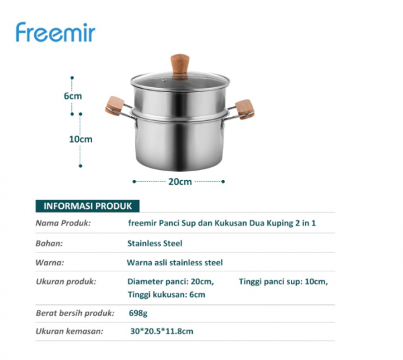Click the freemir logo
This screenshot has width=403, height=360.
coord(56,32)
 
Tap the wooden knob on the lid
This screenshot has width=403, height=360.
coord(179,65)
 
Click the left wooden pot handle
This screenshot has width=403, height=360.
coord(115,105)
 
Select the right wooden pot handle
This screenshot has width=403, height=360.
coord(244,109)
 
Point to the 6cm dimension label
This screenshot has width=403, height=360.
coord(73,95)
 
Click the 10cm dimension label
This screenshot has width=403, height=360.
coord(81,139)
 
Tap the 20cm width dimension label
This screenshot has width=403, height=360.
coord(180,181)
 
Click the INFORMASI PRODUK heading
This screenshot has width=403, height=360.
coord(87,206)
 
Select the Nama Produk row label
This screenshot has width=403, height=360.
coord(62,223)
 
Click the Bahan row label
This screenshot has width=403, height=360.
coord(49,243)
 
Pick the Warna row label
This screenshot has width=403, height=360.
coord(50,263)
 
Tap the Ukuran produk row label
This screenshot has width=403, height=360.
coord(66,281)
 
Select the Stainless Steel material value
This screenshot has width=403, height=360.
coord(154,243)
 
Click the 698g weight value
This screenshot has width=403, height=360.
coord(138,313)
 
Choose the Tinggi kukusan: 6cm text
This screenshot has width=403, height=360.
coord(166,294)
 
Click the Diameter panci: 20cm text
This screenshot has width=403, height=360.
coord(171,281)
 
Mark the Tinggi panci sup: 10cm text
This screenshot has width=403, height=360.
coord(283,281)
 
